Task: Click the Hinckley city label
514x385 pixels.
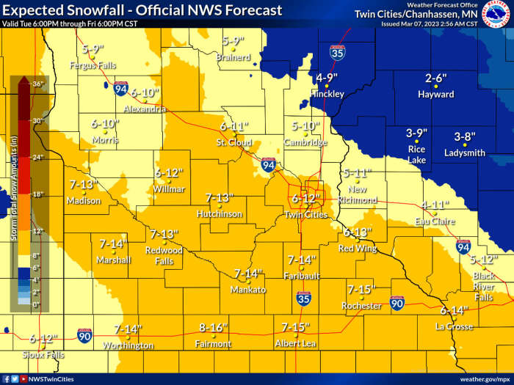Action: tap(327, 95)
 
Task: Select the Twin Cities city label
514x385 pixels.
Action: tap(305, 214)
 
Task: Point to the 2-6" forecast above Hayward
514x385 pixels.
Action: tap(436, 79)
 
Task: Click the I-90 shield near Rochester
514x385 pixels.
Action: tap(397, 303)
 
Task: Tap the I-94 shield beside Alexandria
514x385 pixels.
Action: tap(120, 89)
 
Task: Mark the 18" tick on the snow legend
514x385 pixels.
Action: tap(37, 194)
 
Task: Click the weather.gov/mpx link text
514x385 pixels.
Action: tap(484, 379)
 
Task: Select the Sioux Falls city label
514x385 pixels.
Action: tap(43, 355)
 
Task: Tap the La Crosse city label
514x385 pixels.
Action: tap(454, 326)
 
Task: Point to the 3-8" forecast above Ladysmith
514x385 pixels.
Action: tap(465, 137)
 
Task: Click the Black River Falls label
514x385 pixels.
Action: tap(483, 287)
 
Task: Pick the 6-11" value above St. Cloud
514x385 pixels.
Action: tap(234, 126)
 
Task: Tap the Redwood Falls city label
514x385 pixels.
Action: tap(164, 256)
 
